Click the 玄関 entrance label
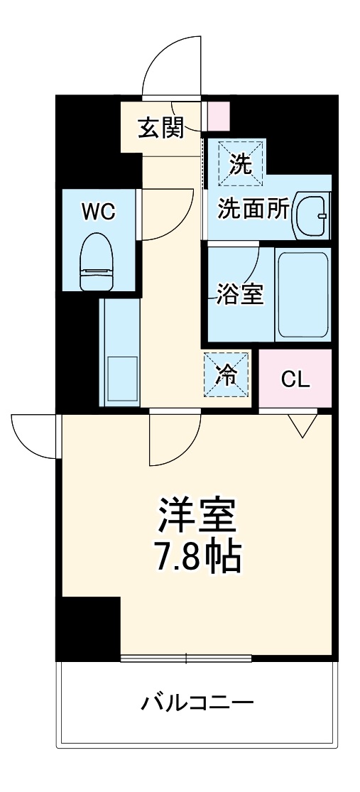click(160, 128)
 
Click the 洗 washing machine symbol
click(241, 165)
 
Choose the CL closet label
click(295, 379)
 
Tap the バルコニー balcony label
click(197, 704)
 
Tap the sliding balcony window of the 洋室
click(186, 658)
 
